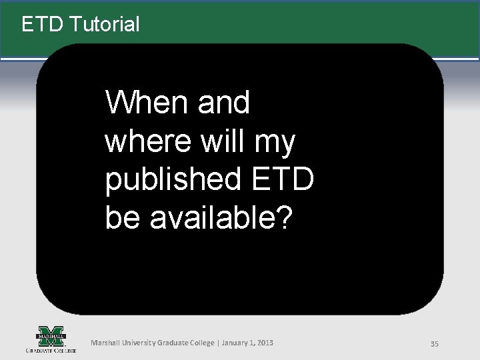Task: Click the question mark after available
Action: [x=283, y=218]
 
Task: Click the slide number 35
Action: [x=434, y=343]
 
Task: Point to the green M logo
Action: [x=51, y=335]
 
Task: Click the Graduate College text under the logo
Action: [x=51, y=349]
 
